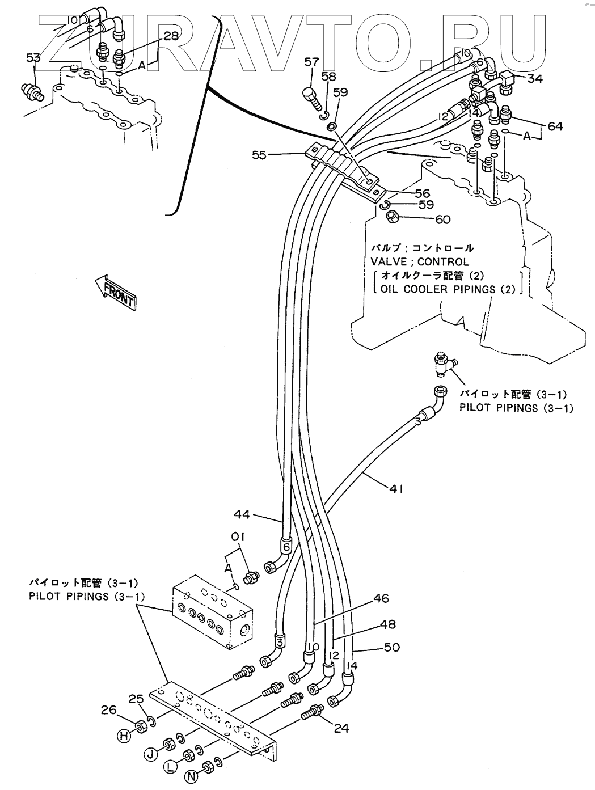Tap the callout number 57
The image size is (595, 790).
tap(311, 62)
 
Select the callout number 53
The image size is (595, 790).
tap(33, 57)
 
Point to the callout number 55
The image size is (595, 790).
tap(259, 154)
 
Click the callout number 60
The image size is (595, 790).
tap(442, 218)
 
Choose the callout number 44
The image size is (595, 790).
tap(242, 514)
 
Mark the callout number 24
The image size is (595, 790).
tap(341, 728)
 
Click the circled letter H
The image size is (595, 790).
tap(122, 737)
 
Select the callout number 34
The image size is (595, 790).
tap(534, 79)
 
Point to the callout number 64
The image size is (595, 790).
tap(555, 126)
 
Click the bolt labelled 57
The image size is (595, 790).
tap(311, 99)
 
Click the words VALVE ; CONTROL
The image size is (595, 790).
tap(419, 262)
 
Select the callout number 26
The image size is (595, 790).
tap(108, 709)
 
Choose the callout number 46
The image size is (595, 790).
tap(381, 598)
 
